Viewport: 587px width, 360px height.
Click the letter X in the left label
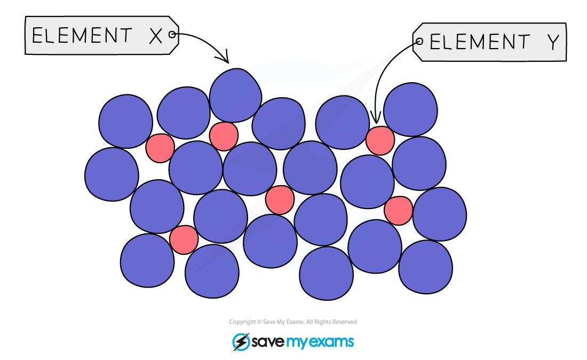coord(156,36)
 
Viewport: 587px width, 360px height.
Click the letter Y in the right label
coord(554,42)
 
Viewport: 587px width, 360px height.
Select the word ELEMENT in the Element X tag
coord(82,36)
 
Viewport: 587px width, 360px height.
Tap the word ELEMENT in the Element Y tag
coord(480,42)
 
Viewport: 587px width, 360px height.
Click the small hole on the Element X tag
coord(172,35)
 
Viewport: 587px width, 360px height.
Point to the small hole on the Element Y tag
coord(419,41)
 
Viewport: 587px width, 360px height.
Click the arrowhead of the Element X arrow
coord(224,58)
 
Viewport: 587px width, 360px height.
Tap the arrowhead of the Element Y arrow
coord(376,118)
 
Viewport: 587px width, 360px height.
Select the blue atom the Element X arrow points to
coord(235,95)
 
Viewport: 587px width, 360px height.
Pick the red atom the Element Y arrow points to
coord(380,140)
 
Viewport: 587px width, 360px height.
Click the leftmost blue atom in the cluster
coord(112,174)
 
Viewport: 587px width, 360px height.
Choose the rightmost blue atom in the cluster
coord(440,214)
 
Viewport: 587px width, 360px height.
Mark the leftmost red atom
coord(160,148)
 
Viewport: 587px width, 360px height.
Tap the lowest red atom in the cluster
coord(184,240)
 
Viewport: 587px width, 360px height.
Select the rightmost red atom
coord(398,211)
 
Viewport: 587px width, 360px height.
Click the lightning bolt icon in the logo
coord(241,342)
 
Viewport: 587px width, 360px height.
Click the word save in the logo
coord(268,342)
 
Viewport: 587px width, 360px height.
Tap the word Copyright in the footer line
coord(242,322)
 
